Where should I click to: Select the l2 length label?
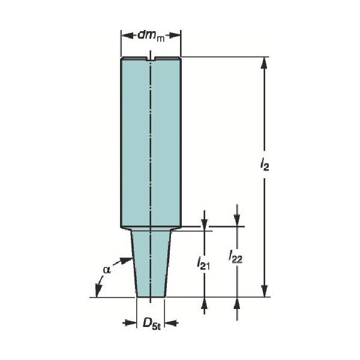(x=265, y=163)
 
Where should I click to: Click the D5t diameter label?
(x=151, y=324)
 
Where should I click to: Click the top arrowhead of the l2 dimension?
(x=263, y=62)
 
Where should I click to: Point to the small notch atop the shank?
(x=151, y=59)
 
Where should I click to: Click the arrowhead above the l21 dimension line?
(x=205, y=224)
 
